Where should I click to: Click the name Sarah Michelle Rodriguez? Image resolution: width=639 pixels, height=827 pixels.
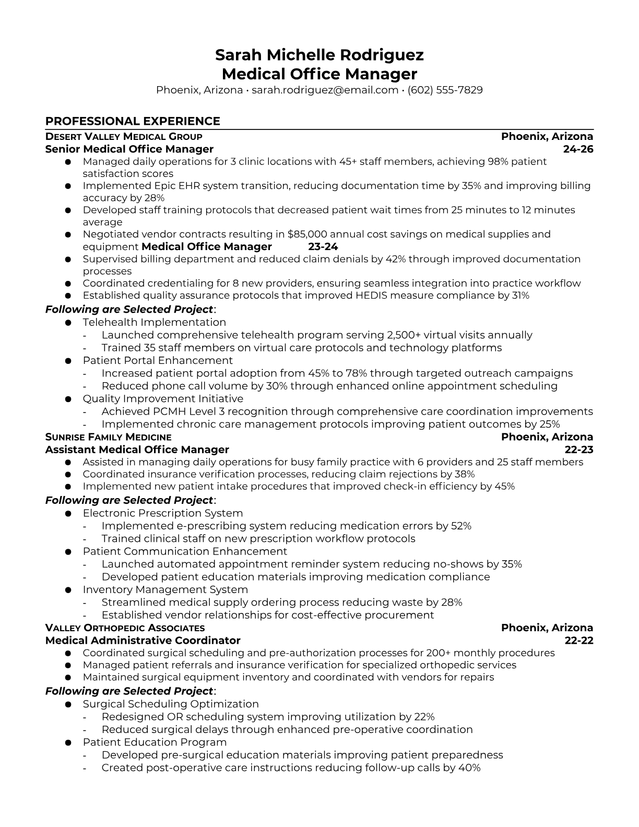pos(319,55)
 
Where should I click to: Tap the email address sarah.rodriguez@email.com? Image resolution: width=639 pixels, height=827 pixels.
pos(325,90)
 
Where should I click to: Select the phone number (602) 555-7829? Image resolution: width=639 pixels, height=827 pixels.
pos(445,90)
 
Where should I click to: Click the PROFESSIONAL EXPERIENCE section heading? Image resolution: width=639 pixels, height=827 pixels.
pos(133,121)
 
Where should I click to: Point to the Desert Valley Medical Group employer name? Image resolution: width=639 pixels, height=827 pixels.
pos(124,137)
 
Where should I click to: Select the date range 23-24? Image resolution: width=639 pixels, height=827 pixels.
pos(323,246)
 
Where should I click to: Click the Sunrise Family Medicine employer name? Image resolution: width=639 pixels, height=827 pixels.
pos(108,437)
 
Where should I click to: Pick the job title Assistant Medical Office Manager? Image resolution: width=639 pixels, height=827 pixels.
pos(137,450)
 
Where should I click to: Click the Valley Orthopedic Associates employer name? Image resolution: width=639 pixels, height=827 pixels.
pos(125,628)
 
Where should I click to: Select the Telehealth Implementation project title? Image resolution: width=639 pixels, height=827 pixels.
pos(154,322)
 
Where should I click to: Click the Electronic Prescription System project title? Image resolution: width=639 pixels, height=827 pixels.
pos(162,513)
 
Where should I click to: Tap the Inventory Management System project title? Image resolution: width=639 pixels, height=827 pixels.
pos(165,589)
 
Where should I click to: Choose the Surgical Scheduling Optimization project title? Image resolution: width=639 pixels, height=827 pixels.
pos(171,704)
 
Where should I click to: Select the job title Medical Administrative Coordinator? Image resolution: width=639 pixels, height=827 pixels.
pos(143,641)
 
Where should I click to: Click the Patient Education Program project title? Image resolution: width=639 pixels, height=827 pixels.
pos(155,742)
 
